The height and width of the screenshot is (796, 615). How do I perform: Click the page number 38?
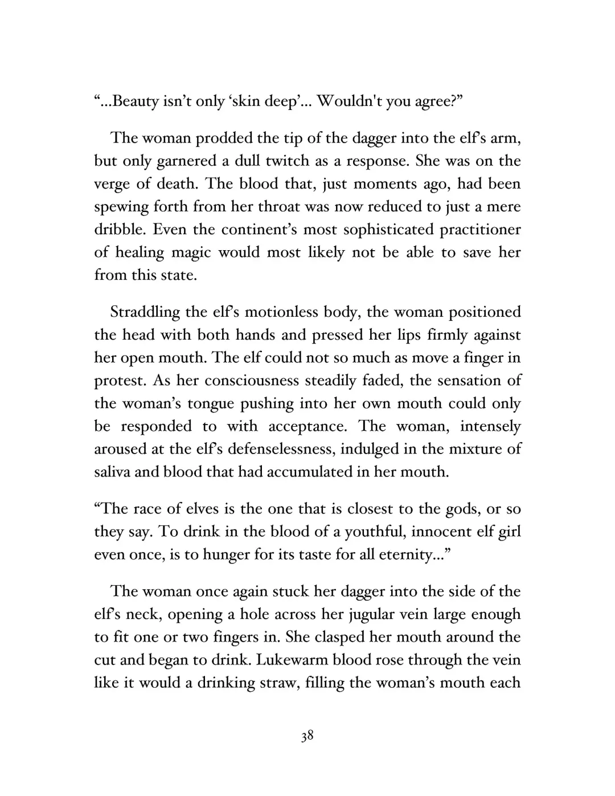point(307,736)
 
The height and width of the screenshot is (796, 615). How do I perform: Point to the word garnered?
point(184,161)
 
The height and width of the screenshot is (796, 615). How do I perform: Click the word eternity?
point(408,554)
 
